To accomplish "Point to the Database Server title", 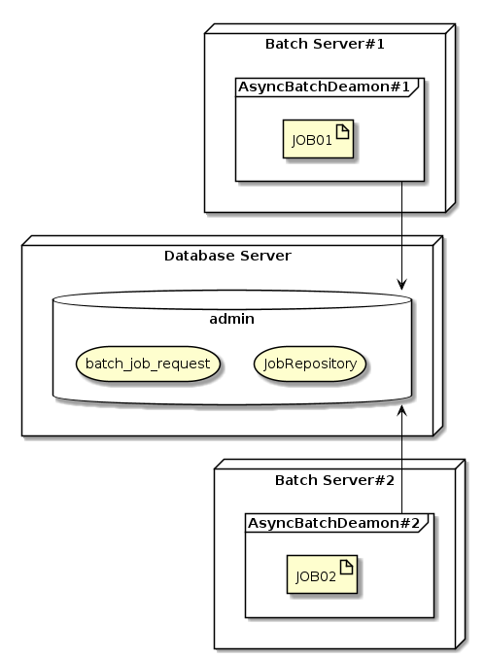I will [x=227, y=256].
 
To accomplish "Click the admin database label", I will [x=232, y=319].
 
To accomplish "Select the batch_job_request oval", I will [x=149, y=364].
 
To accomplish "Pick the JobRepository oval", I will [x=312, y=364].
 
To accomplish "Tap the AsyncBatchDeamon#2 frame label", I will [x=333, y=524].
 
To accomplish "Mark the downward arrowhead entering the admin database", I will [x=400, y=284].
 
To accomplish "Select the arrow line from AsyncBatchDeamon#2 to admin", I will [x=401, y=467].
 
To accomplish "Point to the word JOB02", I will [x=316, y=576].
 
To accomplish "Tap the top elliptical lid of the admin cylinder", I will [x=232, y=301].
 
